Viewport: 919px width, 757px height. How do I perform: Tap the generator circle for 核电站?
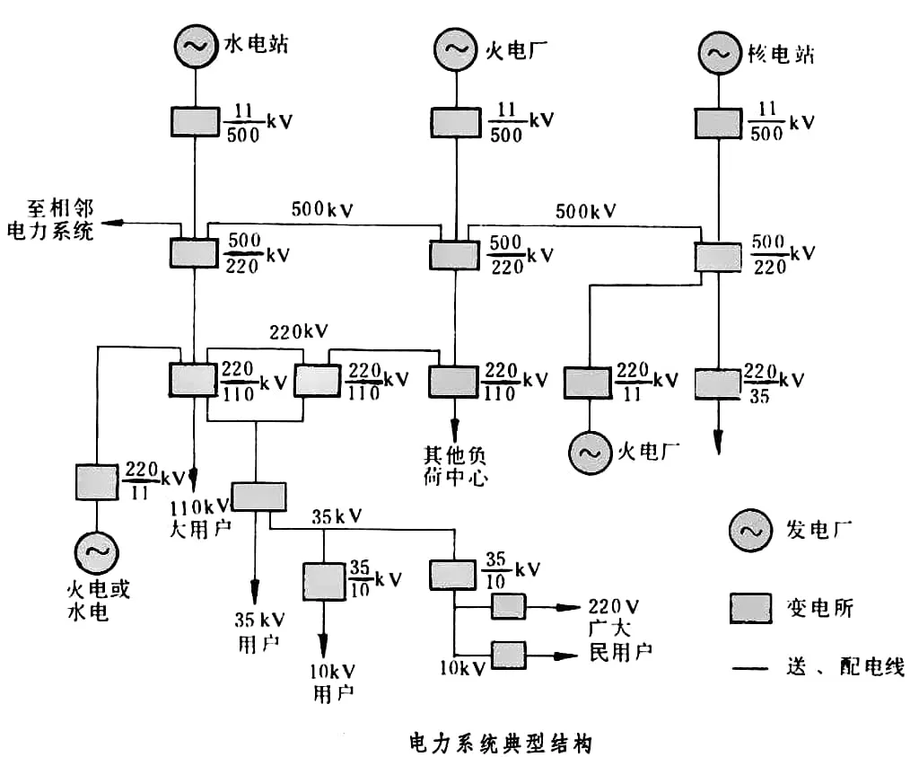pos(718,52)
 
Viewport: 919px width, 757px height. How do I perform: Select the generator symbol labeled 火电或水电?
pos(95,554)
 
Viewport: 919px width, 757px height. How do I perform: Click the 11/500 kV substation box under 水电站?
pos(194,121)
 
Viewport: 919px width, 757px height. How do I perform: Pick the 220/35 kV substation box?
pos(719,383)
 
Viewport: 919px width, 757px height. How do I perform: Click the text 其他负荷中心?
pos(455,465)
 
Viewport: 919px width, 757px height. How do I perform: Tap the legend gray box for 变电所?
pos(749,608)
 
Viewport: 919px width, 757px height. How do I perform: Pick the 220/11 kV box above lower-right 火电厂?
pos(587,382)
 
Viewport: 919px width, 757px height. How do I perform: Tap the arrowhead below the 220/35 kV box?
pos(718,443)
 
